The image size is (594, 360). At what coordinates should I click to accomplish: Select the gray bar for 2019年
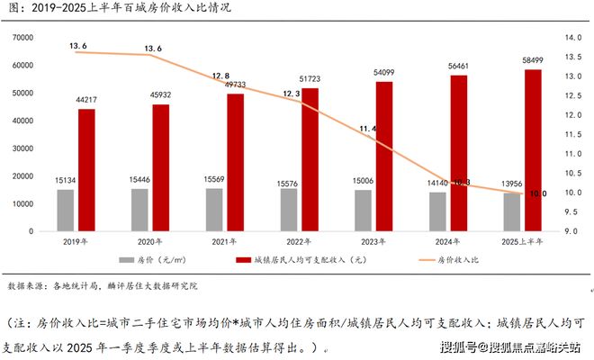(x=66, y=211)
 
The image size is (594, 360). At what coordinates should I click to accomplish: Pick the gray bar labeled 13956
(x=511, y=212)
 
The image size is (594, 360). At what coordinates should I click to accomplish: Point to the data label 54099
(x=384, y=73)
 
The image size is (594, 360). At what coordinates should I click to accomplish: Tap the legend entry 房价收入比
(x=459, y=261)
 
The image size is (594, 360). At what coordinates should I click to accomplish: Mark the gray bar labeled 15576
(x=288, y=210)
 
